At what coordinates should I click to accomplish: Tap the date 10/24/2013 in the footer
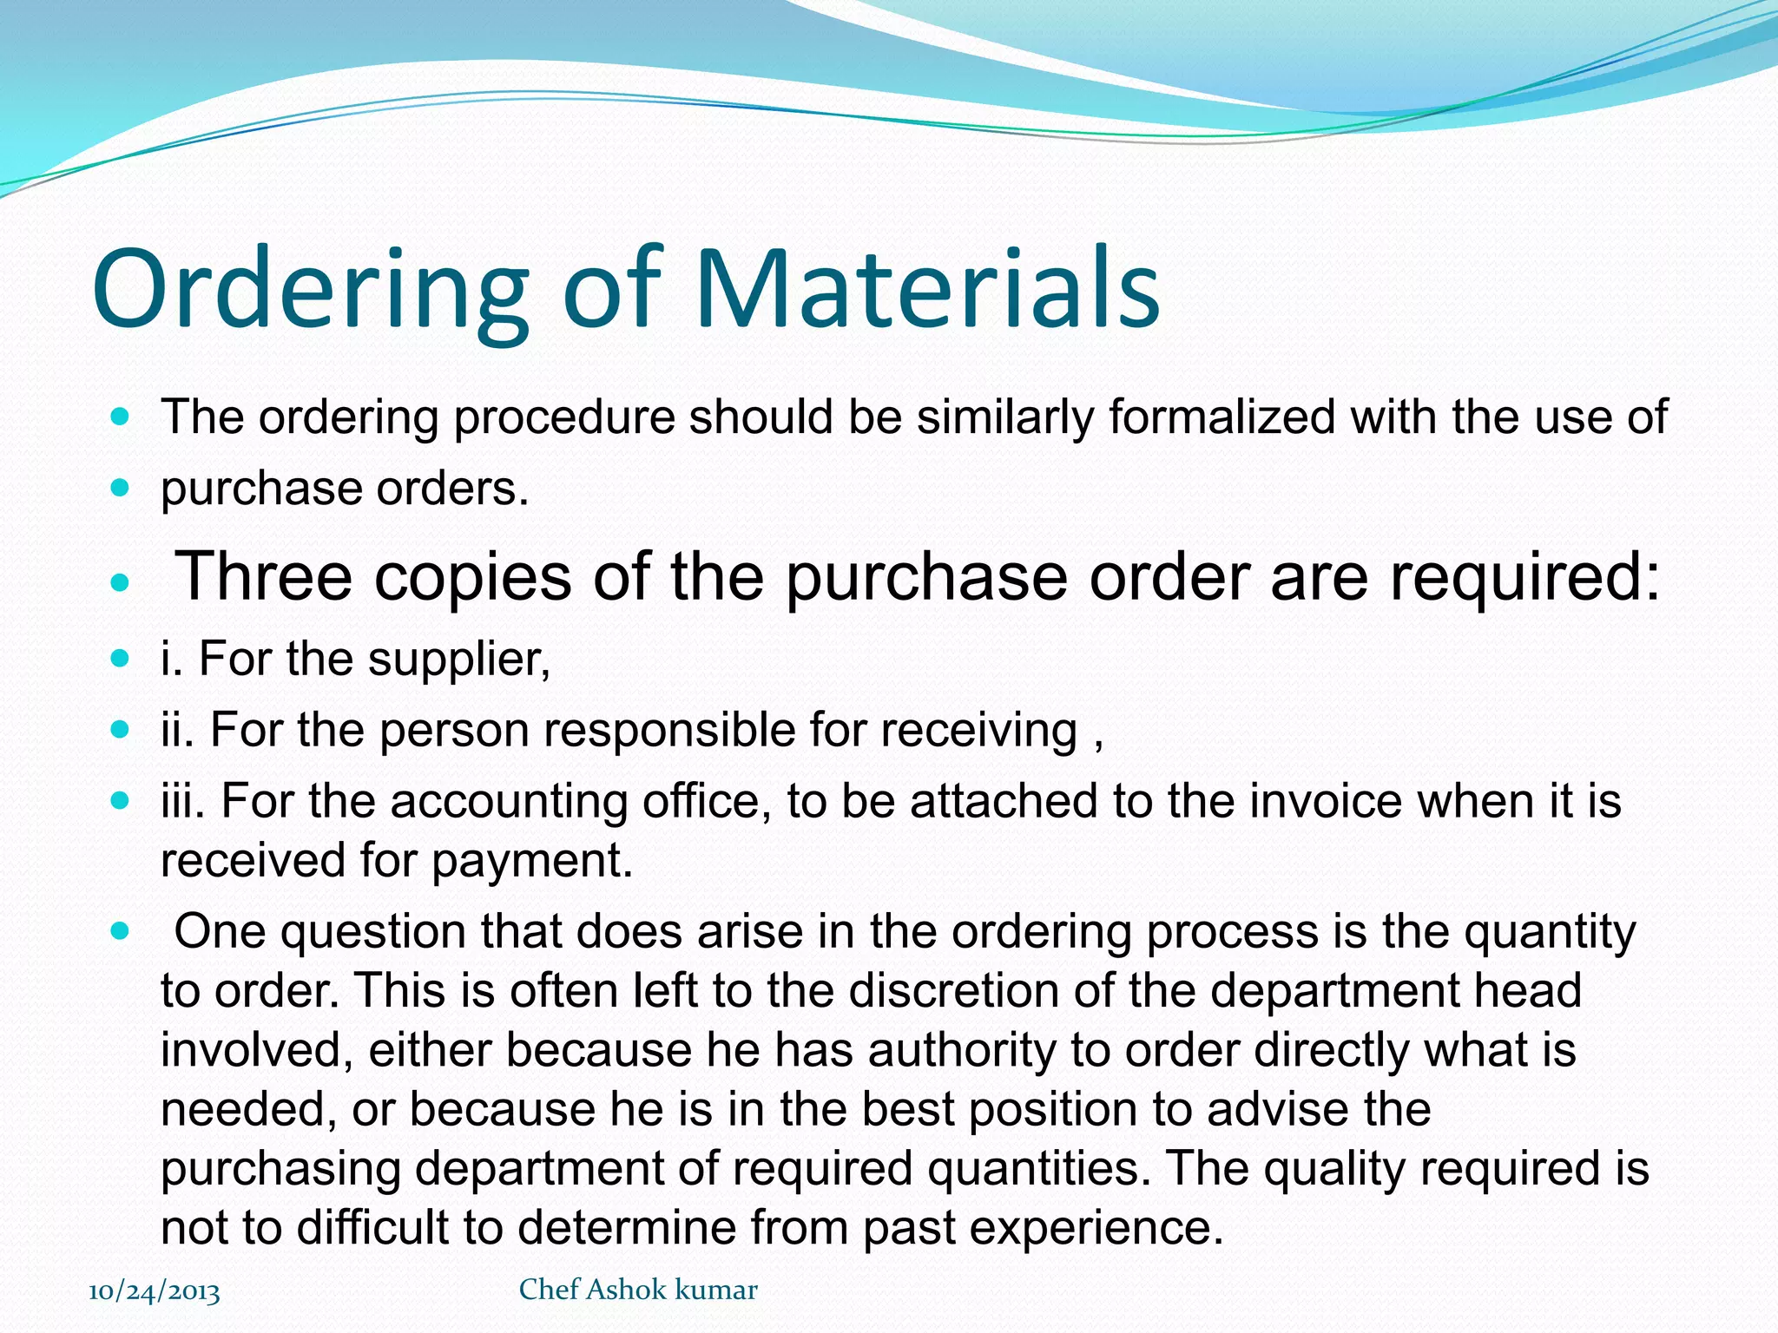tap(155, 1290)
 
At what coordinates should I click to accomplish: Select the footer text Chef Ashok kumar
tap(638, 1289)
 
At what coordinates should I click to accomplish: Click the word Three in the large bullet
tap(264, 576)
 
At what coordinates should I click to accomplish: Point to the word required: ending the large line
tap(1524, 578)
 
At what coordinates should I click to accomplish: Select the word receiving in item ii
tap(978, 730)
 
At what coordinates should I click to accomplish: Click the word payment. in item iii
tap(532, 860)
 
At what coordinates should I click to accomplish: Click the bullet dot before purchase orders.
tap(121, 488)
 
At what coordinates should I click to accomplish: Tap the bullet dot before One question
tap(121, 932)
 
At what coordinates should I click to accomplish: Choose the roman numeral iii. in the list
tap(182, 800)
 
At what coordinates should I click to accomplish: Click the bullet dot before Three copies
tap(121, 581)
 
